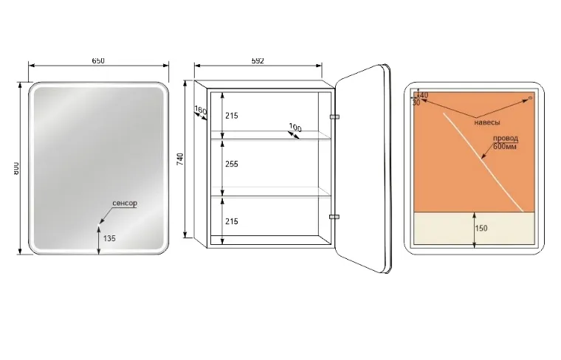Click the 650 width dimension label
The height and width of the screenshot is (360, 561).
click(x=98, y=60)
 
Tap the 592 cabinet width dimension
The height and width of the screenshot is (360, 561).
click(x=258, y=60)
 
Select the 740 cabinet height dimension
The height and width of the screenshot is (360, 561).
click(x=180, y=159)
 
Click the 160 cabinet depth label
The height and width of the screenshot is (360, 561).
click(x=201, y=111)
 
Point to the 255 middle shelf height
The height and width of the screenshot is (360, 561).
click(x=232, y=164)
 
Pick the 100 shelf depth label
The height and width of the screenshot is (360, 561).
click(x=295, y=128)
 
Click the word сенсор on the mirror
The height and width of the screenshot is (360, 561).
click(x=125, y=203)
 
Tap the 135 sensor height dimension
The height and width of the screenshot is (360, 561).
click(x=109, y=238)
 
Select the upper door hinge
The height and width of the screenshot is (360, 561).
click(x=334, y=117)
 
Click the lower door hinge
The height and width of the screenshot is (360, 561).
click(x=334, y=217)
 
